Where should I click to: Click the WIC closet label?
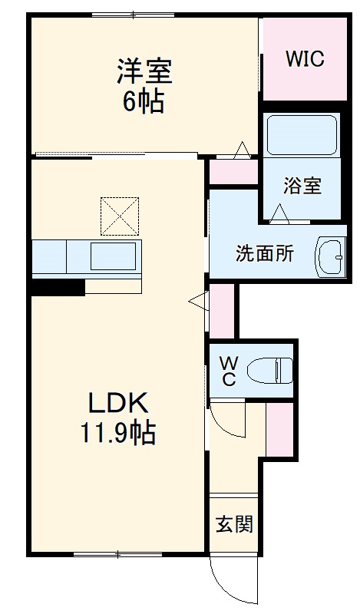point(305,58)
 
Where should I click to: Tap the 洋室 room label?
point(144,72)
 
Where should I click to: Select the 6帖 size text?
point(144,101)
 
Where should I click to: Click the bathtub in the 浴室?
point(302,136)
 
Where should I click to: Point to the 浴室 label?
point(302,185)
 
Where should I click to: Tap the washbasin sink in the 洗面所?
point(331,256)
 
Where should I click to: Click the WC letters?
point(229,370)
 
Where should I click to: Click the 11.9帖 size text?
point(119,434)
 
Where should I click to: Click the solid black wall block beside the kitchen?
point(58,288)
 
